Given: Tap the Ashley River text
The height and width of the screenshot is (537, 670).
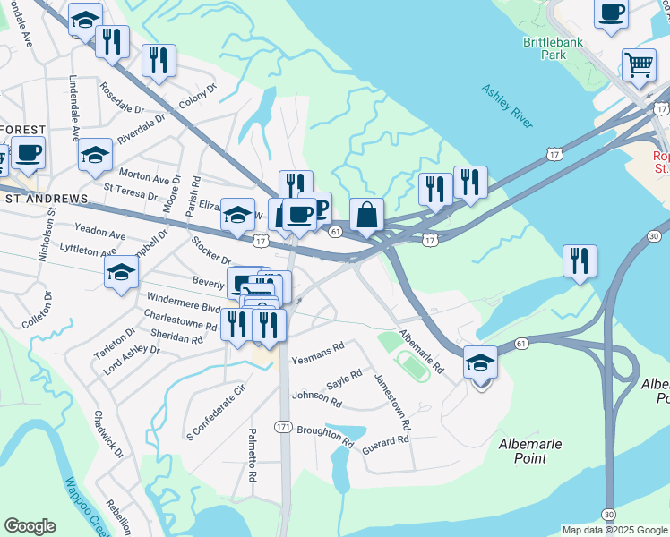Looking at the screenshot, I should point(507,105).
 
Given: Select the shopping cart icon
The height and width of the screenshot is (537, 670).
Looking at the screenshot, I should point(639,64).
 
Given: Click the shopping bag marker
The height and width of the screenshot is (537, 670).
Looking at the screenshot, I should point(366,215).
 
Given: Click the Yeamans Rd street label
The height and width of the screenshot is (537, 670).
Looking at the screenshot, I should point(318,348).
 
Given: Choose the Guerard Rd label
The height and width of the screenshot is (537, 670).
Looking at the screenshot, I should point(385,441).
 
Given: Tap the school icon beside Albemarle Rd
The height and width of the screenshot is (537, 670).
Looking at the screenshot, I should point(481,363).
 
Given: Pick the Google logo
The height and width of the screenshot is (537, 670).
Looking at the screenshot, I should point(30,526).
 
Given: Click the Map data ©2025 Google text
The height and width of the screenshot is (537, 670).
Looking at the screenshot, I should point(613,530).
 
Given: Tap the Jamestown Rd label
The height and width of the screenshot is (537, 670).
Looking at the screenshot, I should point(392,400).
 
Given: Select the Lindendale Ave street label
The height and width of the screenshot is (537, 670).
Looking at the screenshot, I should point(73,107).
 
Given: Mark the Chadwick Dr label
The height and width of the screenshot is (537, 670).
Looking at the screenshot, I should point(108,435).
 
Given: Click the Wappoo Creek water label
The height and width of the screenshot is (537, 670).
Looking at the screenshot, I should point(87,507).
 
